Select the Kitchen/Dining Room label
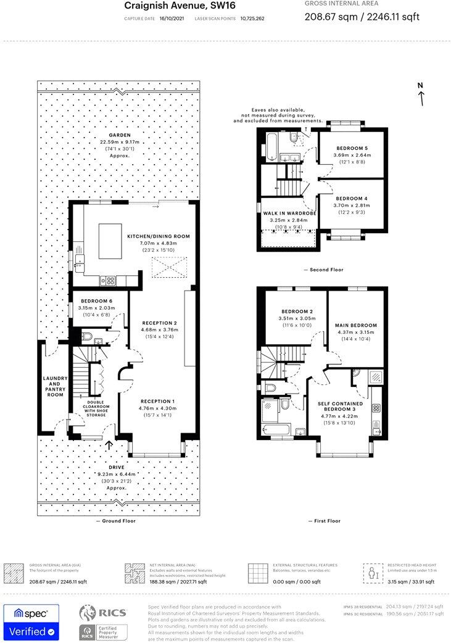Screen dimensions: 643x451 point(159,236)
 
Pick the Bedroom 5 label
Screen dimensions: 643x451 point(352,148)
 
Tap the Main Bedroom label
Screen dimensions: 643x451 point(355,325)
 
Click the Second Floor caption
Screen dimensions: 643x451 point(323,270)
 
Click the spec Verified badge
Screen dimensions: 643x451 point(31,623)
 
